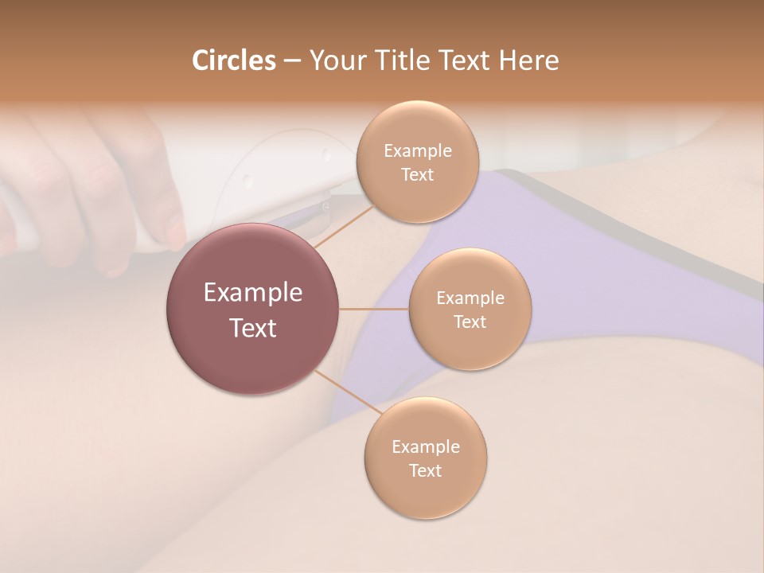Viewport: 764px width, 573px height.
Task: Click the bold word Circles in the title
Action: (233, 60)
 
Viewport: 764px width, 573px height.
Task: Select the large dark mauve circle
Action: (252, 309)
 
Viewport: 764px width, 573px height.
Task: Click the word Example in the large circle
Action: (252, 292)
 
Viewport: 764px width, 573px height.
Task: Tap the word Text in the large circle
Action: (252, 328)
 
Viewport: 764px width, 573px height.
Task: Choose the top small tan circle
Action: (417, 162)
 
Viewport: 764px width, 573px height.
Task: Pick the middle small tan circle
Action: (470, 310)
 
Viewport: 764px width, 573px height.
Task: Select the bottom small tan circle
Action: (425, 458)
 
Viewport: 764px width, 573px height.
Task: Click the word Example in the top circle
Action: (417, 151)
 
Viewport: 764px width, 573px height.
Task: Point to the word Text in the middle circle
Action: (470, 322)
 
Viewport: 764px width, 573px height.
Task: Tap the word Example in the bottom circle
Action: (425, 447)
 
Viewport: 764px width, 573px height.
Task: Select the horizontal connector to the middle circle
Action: (374, 309)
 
